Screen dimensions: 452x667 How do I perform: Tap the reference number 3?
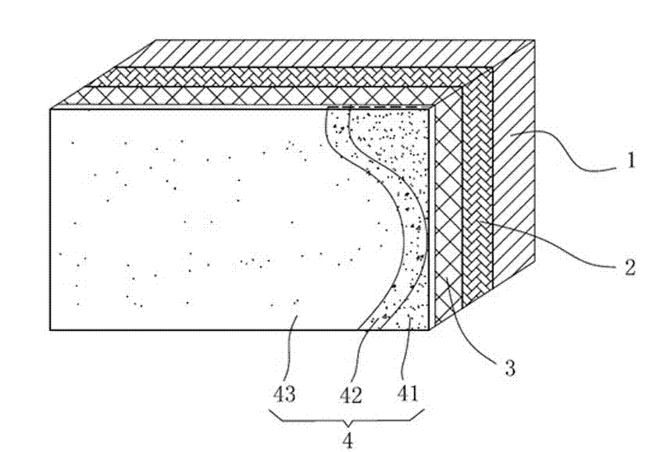(x=509, y=368)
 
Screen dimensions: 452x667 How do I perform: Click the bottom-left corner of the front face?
(x=50, y=329)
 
